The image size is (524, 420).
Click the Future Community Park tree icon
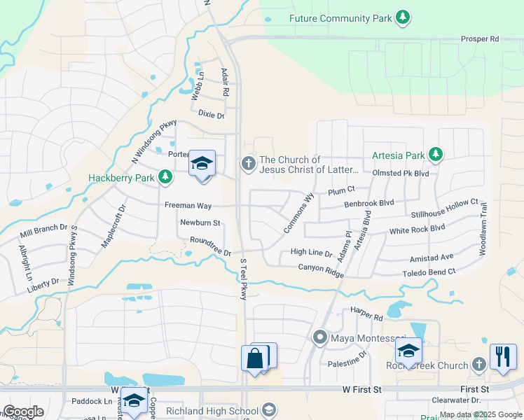[x=402, y=17]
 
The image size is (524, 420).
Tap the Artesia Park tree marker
[x=436, y=153]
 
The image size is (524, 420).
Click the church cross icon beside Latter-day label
[x=247, y=163]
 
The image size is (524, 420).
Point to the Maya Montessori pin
[x=320, y=337]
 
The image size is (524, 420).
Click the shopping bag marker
[x=255, y=358]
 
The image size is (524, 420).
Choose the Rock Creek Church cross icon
[x=478, y=364]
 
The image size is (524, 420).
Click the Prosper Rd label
[x=479, y=39]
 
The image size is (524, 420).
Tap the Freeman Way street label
[x=188, y=206]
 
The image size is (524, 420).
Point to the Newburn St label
[x=200, y=223]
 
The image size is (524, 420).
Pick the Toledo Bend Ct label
[x=429, y=272]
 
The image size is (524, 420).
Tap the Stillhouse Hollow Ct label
[x=445, y=209]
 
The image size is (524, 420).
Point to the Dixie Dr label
[x=211, y=113]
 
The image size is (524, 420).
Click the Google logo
[x=24, y=412]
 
